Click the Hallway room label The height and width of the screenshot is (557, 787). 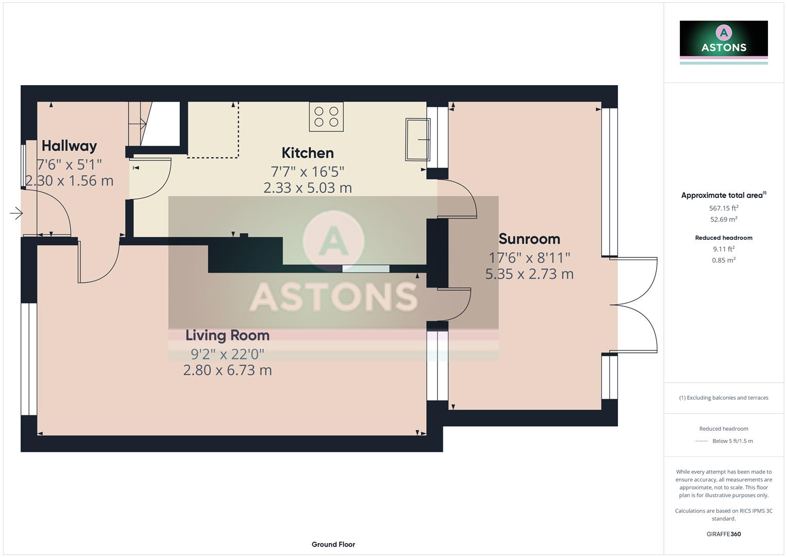point(69,146)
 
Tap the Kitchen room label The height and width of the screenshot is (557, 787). point(307,153)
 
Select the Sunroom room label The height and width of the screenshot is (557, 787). point(529,239)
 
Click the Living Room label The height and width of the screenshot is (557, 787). point(227,336)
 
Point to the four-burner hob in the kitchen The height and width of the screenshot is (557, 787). point(326,117)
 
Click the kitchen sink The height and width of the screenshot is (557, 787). point(417,139)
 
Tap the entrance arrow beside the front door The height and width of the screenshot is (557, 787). point(16,213)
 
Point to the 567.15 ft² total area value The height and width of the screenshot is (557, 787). point(723,208)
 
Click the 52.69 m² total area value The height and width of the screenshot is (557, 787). point(723,220)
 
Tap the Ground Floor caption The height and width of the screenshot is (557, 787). point(333,545)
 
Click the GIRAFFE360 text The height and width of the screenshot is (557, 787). point(723,534)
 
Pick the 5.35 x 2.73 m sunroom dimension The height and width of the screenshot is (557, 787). point(529,274)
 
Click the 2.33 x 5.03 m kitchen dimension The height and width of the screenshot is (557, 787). point(307,188)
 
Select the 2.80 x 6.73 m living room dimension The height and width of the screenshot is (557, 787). point(227,370)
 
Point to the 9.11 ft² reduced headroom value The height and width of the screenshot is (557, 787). point(723,249)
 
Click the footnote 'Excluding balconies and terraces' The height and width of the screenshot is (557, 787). point(723,398)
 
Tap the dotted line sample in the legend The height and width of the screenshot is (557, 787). point(701,441)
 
